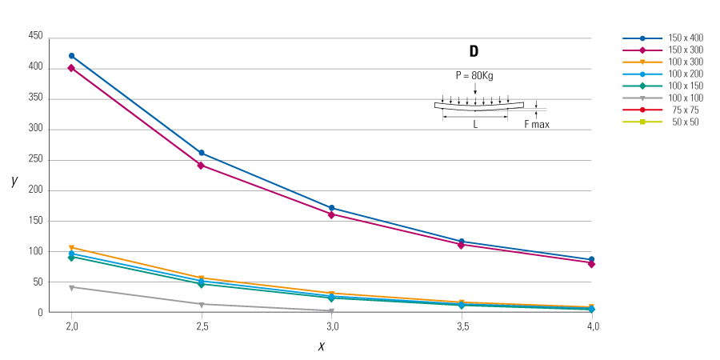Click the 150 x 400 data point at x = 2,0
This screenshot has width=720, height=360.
point(71,56)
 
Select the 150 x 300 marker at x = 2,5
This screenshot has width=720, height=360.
point(201,166)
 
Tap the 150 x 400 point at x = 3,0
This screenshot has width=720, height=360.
point(331,208)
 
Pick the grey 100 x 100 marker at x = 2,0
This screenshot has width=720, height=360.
point(71,287)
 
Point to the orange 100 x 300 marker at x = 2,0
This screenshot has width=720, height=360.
point(71,248)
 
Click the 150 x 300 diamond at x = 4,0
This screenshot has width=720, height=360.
point(591,263)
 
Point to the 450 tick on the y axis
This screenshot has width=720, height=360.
point(35,37)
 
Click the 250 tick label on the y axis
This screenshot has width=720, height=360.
point(35,160)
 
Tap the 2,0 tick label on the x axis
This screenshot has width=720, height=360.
point(71,327)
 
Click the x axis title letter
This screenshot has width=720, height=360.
point(321,346)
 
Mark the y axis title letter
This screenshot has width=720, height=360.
point(14,181)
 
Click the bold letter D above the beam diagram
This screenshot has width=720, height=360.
point(474,51)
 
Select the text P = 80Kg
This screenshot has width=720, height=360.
point(474,75)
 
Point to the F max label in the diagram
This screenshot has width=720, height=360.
point(537,124)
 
